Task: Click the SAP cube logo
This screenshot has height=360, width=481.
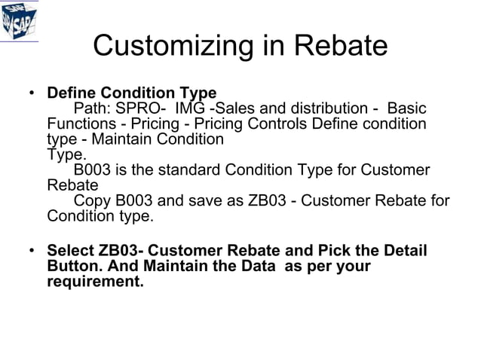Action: click(18, 20)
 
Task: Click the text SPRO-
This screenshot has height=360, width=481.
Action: click(139, 109)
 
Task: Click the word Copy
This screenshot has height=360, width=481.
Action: click(91, 202)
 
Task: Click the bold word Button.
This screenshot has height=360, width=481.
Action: click(75, 267)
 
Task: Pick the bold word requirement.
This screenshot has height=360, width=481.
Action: click(94, 283)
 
